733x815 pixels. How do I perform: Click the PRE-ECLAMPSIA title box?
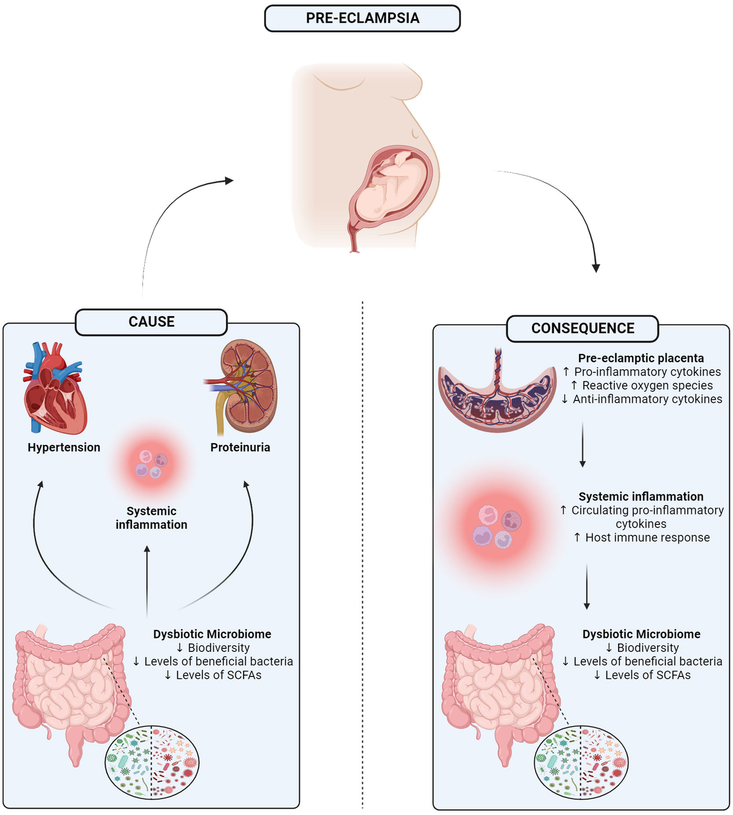[362, 18]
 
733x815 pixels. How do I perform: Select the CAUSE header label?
[151, 322]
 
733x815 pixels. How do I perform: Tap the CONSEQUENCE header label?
[582, 328]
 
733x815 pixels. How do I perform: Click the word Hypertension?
[64, 447]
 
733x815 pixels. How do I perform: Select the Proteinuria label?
[240, 447]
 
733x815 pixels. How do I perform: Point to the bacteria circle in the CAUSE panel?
[152, 762]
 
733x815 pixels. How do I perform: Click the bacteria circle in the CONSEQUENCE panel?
[581, 762]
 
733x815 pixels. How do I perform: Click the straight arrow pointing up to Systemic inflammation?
[147, 580]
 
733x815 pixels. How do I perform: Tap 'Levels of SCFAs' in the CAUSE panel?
[213, 675]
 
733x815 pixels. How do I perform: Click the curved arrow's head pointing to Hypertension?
[40, 485]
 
